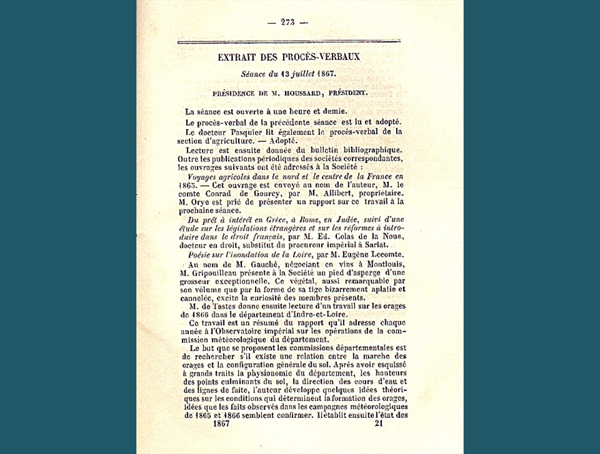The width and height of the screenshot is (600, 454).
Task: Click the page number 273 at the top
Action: pyautogui.click(x=287, y=22)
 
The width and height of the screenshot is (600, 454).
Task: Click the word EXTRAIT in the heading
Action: pyautogui.click(x=239, y=57)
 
